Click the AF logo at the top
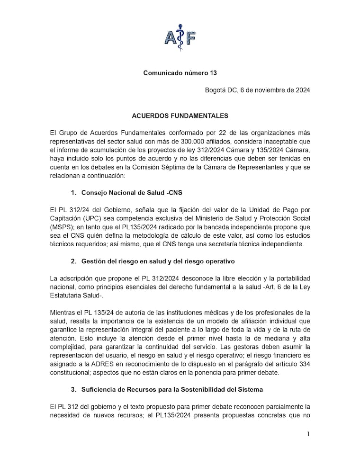(x=180, y=35)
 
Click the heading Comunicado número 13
(x=180, y=73)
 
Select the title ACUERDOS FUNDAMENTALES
(x=180, y=116)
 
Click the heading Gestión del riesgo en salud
(x=158, y=261)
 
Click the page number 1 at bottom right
(x=308, y=434)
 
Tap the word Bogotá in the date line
(x=216, y=90)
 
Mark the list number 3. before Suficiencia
(x=73, y=389)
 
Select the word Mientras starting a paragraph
(x=63, y=312)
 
